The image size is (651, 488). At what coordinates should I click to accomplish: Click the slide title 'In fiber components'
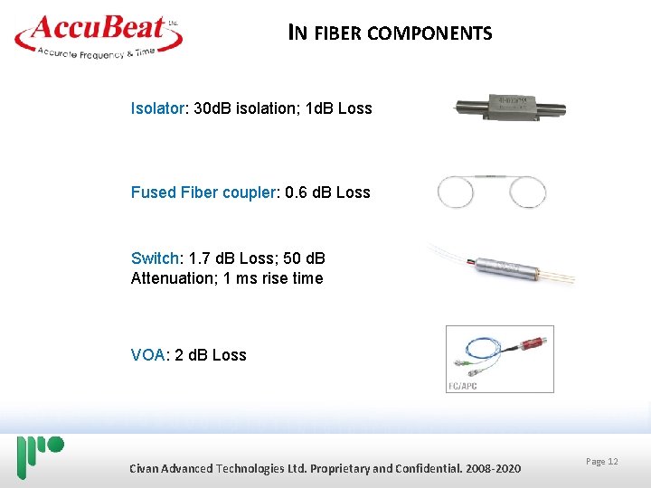coord(390,33)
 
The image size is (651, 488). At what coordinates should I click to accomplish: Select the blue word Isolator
coord(157,108)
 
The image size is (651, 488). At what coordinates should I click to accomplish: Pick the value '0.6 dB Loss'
coord(327,192)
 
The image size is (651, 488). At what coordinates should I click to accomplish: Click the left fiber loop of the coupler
coord(455,192)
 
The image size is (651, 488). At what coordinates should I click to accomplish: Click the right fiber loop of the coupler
coord(527,192)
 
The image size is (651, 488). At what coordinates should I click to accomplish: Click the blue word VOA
coord(147,354)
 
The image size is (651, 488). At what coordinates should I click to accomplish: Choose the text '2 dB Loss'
coord(211,354)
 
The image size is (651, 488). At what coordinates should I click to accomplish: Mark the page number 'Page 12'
coord(601,462)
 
